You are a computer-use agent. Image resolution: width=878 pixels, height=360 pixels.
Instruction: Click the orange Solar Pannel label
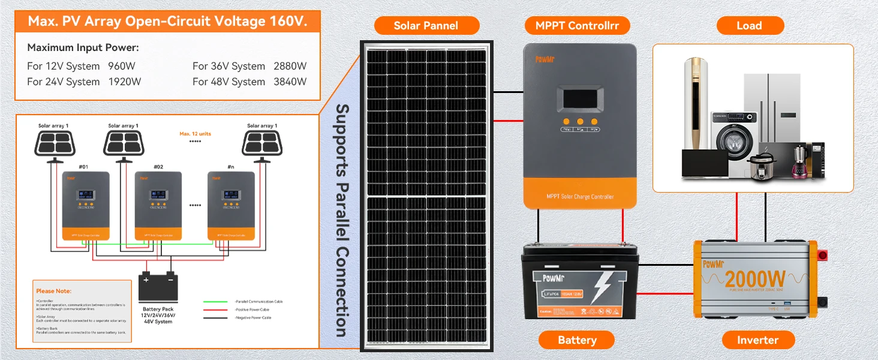coord(426,25)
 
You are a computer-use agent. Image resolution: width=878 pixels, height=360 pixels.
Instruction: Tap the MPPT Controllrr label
coord(577,25)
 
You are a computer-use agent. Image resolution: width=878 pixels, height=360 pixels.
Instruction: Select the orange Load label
coord(749,25)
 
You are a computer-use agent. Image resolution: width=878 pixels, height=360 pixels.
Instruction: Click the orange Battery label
coord(576,340)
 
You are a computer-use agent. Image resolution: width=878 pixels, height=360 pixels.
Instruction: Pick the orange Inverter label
coord(757,340)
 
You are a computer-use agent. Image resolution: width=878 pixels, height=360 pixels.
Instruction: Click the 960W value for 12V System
coord(125,66)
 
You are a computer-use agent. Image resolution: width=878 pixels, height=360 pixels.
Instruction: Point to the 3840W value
coord(290,82)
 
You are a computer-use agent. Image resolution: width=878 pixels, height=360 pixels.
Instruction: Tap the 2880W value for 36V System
coord(290,66)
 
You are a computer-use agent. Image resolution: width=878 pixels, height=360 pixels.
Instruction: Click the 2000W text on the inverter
coord(754,279)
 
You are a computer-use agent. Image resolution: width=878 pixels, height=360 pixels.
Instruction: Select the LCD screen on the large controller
coord(579,100)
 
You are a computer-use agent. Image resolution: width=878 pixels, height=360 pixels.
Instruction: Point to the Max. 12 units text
coord(196,133)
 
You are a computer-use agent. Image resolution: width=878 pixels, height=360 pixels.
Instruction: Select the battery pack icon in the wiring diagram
coord(158,288)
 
